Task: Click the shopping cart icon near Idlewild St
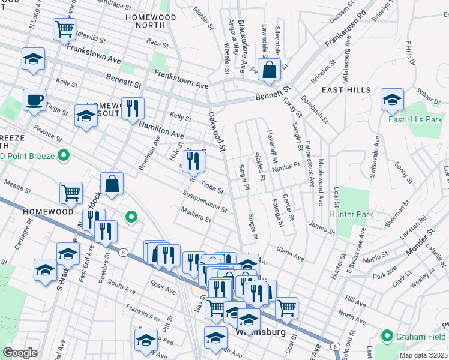tap(64, 28)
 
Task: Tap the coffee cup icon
tap(34, 99)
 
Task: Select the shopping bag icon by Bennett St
tap(270, 69)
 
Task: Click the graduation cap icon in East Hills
tap(391, 100)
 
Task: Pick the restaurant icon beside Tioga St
tap(193, 160)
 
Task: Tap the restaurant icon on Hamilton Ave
tap(133, 108)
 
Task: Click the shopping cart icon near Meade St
tap(71, 193)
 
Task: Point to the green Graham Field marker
tap(387, 336)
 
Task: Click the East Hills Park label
tap(415, 119)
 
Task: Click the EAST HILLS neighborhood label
tap(345, 90)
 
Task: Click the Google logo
tap(20, 353)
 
